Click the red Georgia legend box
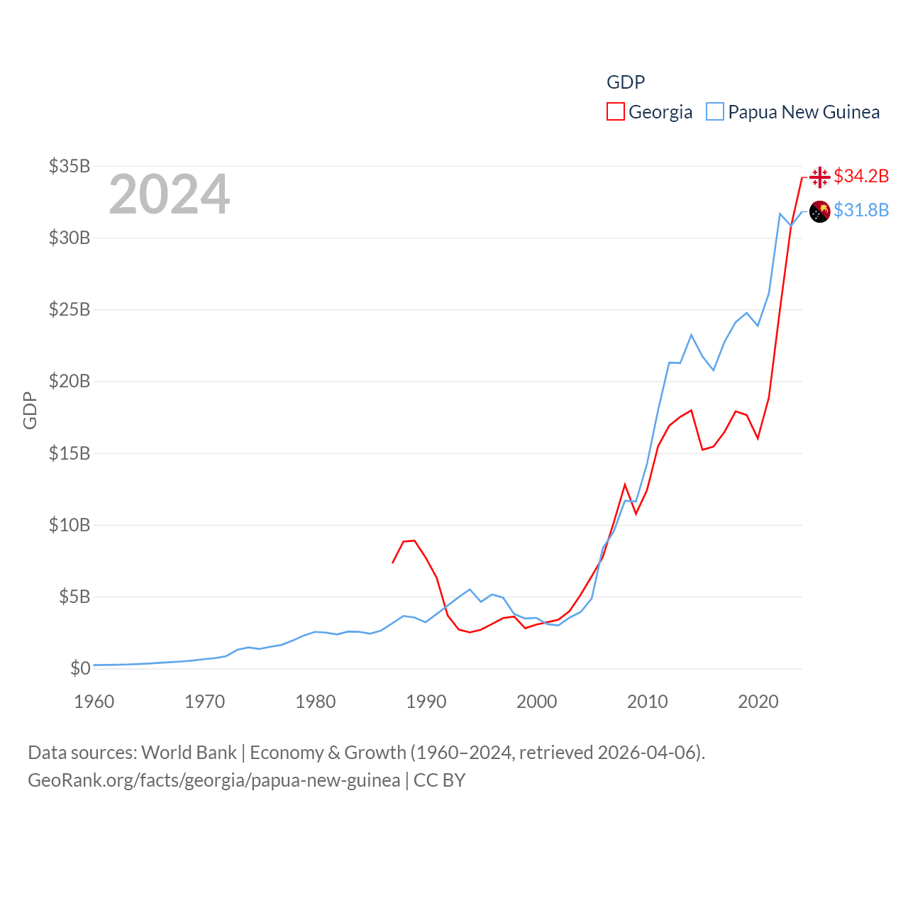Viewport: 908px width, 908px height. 615,112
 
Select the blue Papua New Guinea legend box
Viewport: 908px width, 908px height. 715,112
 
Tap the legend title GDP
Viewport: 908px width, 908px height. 626,82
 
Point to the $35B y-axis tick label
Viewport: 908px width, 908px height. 70,166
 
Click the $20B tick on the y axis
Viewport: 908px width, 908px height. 70,381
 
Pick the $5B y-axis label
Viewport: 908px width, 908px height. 74,597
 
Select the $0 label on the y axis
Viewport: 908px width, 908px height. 80,668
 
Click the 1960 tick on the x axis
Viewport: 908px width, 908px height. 94,702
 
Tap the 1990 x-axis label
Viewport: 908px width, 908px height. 426,702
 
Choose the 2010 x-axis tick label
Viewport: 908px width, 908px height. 647,702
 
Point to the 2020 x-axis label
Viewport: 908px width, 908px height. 758,702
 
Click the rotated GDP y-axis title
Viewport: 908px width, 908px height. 30,410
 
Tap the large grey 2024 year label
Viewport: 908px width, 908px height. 170,194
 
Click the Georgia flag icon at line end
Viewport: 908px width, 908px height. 819,177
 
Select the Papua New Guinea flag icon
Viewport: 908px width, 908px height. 819,211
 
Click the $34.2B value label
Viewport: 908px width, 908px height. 861,176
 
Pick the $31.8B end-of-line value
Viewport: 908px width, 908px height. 861,210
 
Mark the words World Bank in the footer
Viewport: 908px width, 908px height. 189,752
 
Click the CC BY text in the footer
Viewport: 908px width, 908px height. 439,780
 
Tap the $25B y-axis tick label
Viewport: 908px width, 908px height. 70,309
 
